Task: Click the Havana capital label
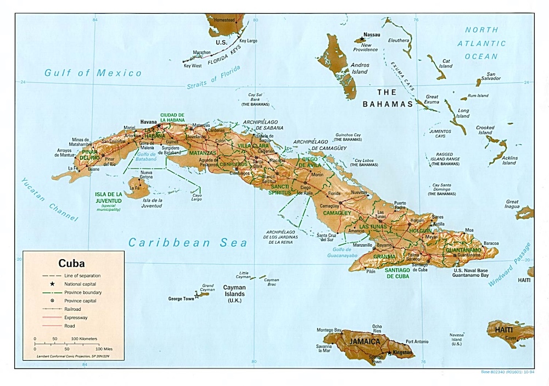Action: click(148, 121)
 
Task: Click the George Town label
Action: click(181, 298)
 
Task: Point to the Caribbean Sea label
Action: click(187, 242)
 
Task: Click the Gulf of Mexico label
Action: click(93, 72)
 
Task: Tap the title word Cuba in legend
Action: click(72, 263)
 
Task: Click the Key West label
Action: click(193, 66)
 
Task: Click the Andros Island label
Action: click(360, 68)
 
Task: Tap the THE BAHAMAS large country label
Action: click(387, 98)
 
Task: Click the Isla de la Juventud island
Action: click(137, 187)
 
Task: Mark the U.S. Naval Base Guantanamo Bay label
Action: click(470, 272)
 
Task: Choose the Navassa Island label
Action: click(456, 339)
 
